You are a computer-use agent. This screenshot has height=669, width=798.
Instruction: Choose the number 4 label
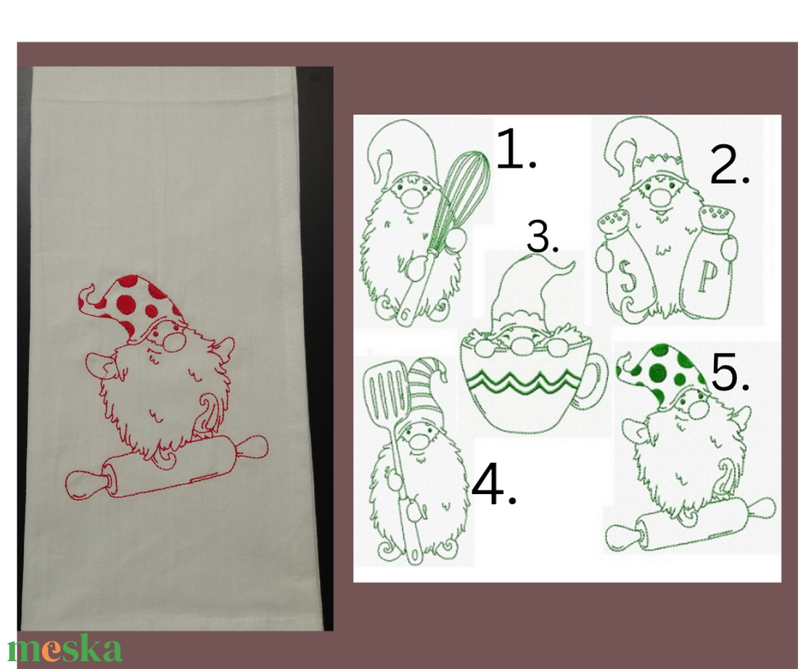tap(494, 484)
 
